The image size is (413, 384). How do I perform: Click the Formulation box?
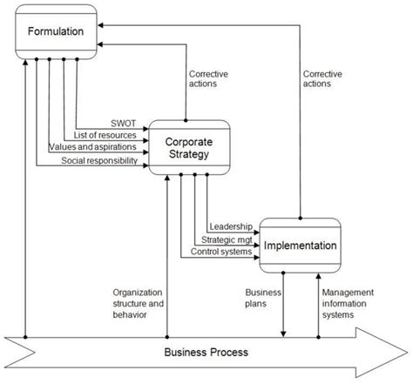(x=56, y=32)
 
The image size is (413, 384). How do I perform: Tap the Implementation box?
(x=298, y=246)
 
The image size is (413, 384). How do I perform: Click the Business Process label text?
(x=206, y=353)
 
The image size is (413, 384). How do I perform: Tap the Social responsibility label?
(x=98, y=161)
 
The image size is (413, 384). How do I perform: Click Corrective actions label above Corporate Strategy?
(x=209, y=79)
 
